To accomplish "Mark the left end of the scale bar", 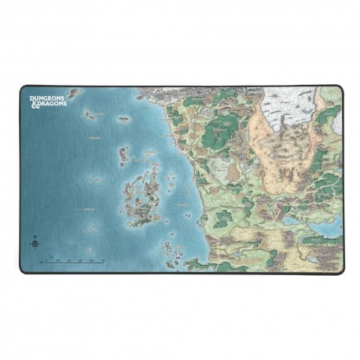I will pyautogui.click(x=46, y=260).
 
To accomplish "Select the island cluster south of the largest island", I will pyautogui.click(x=169, y=250).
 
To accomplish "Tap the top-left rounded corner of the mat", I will pyautogui.click(x=23, y=88).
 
